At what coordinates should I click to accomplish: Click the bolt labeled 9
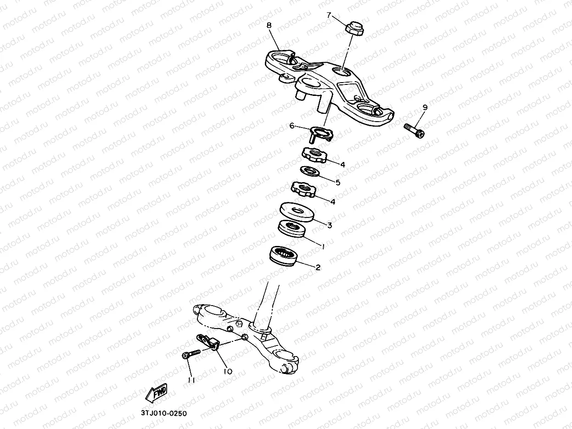point(414,129)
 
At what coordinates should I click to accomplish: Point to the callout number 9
point(425,107)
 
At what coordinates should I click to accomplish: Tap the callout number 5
point(338,182)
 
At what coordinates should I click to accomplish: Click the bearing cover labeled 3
point(297,212)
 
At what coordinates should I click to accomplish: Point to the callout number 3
point(329,225)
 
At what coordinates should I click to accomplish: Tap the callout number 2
point(318,267)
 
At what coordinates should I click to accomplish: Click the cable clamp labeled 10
point(209,342)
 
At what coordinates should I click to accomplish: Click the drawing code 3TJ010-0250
point(164,413)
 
